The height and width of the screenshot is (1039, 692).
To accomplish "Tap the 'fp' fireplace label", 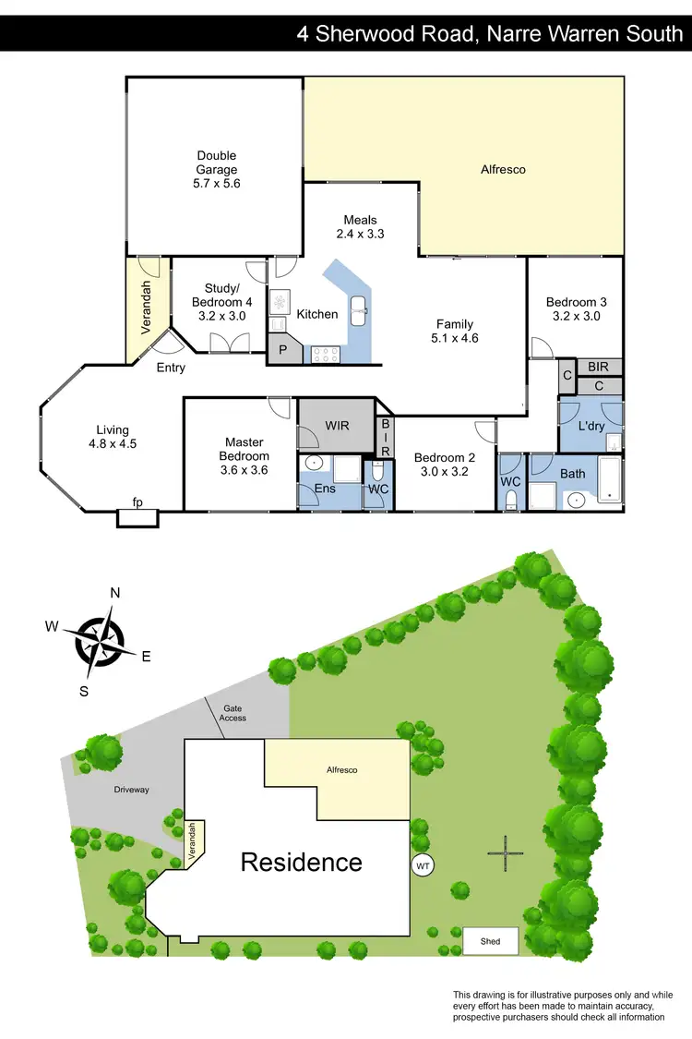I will pyautogui.click(x=137, y=503).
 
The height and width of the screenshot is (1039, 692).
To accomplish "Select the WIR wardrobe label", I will pyautogui.click(x=336, y=426).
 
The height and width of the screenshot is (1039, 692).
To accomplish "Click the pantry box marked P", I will pyautogui.click(x=283, y=351).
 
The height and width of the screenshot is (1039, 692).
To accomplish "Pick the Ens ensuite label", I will pyautogui.click(x=324, y=488).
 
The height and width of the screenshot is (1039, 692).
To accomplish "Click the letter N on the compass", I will pyautogui.click(x=115, y=593).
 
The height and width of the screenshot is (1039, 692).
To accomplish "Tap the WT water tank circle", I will pyautogui.click(x=424, y=865).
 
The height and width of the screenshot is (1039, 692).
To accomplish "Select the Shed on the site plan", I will pyautogui.click(x=490, y=941).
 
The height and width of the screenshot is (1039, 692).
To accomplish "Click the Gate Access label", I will pyautogui.click(x=233, y=712).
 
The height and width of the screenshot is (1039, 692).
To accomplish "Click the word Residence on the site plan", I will pyautogui.click(x=301, y=862).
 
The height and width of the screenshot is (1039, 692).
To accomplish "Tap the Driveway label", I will pyautogui.click(x=131, y=790).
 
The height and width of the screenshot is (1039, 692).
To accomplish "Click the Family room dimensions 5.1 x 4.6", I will pyautogui.click(x=455, y=338).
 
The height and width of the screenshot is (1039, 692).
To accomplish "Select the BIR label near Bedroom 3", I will pyautogui.click(x=598, y=367).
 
